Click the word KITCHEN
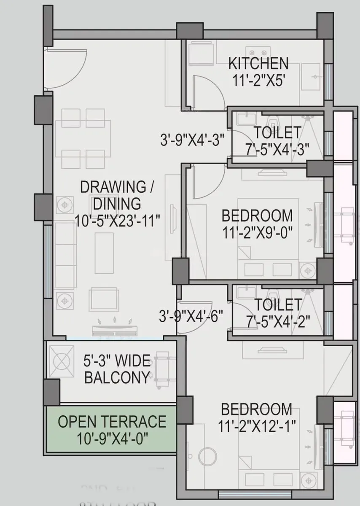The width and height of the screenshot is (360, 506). [258, 64]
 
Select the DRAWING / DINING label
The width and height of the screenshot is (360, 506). [110, 194]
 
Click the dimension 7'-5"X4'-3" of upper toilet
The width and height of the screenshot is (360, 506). [277, 148]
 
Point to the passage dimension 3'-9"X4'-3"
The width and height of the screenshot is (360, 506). [192, 139]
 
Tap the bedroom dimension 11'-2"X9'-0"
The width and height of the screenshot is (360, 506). [257, 231]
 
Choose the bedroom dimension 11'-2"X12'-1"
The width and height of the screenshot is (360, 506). [257, 425]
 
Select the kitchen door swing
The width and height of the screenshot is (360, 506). [207, 91]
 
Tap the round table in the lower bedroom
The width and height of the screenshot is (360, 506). [207, 456]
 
